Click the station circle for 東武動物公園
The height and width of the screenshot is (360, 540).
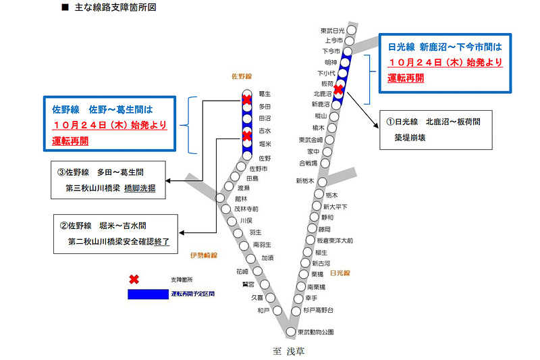[x=291, y=332]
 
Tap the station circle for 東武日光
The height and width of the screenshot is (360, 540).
[x=351, y=30]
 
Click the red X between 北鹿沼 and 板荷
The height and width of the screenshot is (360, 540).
[x=338, y=89]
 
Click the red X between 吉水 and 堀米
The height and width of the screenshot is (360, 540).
[x=247, y=136]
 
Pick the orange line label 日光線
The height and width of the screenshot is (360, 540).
[x=341, y=273]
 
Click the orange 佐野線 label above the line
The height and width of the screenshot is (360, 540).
[x=240, y=76]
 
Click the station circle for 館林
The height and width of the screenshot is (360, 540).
[x=221, y=197]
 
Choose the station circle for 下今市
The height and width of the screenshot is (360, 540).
[x=348, y=51]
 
